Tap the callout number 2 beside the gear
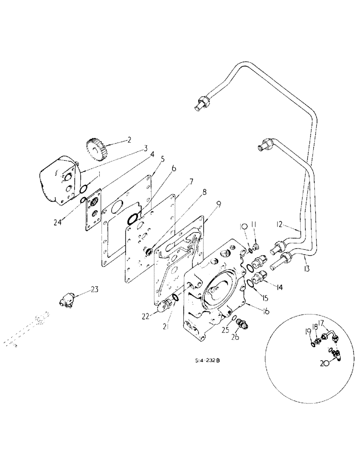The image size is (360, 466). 130,139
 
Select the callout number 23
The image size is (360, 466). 95,289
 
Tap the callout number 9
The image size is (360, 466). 205,203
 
